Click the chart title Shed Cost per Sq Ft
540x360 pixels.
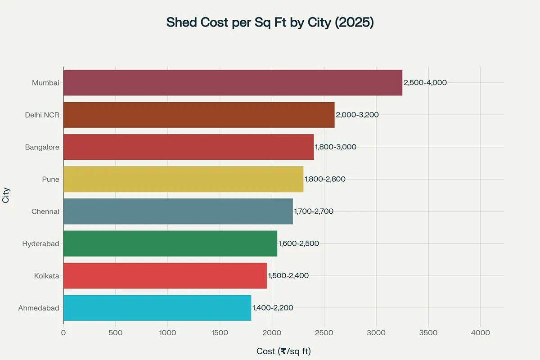(x=270, y=22)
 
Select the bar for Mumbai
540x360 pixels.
(x=233, y=83)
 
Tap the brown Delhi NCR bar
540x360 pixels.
(x=199, y=115)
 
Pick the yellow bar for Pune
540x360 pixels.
(x=183, y=179)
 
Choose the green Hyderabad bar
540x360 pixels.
(x=170, y=243)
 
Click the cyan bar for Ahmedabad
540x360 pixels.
(x=157, y=308)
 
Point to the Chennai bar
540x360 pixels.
(x=178, y=211)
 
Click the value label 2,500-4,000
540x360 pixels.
(x=425, y=83)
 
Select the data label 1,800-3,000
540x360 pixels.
(x=335, y=147)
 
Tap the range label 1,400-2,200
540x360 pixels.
(x=272, y=308)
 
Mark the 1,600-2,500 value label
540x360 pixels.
(x=298, y=243)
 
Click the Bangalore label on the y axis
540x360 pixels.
(x=42, y=147)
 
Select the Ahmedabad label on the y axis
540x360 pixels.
(x=39, y=308)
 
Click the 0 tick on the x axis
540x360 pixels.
(x=63, y=333)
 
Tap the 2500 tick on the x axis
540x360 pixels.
(x=324, y=333)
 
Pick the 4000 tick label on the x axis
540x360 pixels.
(x=480, y=333)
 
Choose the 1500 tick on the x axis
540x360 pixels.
(x=220, y=333)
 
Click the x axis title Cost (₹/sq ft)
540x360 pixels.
(x=283, y=351)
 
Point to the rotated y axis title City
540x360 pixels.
(x=6, y=195)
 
